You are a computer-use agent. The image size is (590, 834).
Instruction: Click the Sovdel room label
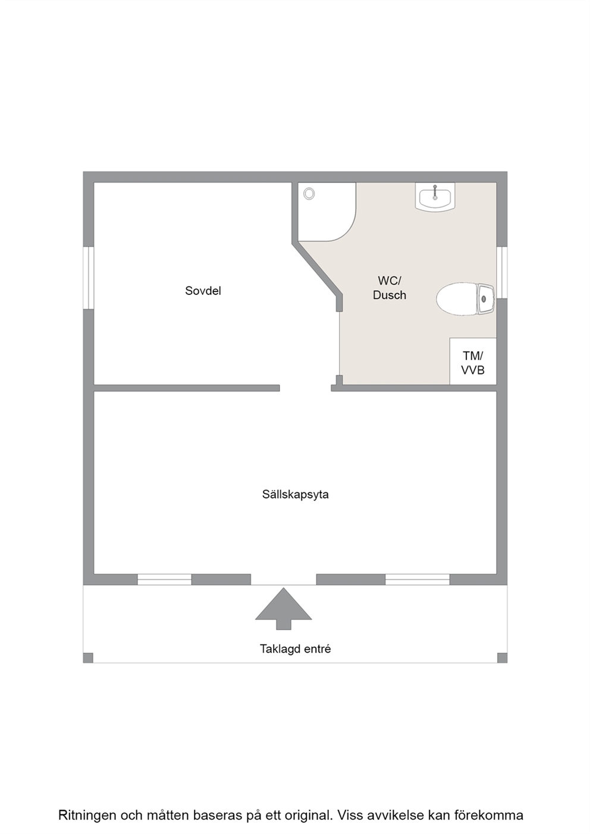coord(203,291)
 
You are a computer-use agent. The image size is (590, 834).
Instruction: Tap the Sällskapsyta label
coord(295,494)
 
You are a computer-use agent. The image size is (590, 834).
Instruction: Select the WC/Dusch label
coord(390,288)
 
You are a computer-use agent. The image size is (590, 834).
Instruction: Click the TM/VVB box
coord(473,363)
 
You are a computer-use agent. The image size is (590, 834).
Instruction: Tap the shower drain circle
coord(309,193)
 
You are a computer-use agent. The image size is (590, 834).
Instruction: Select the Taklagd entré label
coord(295,649)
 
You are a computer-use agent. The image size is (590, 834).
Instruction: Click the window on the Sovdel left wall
coord(88,278)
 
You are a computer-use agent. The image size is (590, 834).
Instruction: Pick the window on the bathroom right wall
coord(503,272)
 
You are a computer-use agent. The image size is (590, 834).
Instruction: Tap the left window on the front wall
coord(164,580)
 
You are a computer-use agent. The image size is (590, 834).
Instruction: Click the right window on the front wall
coord(417,580)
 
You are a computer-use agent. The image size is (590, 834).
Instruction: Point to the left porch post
coord(88,657)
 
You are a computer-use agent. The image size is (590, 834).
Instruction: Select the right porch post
coord(502,657)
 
